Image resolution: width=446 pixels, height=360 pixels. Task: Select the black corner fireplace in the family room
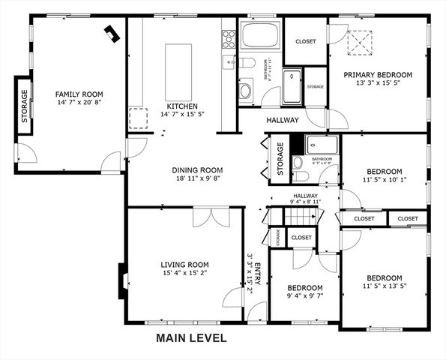click(x=112, y=33)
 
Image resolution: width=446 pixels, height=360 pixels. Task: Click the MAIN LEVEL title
click(x=191, y=338)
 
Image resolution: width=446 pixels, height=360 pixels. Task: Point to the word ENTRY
click(x=258, y=274)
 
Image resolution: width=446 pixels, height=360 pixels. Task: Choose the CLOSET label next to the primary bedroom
click(x=305, y=42)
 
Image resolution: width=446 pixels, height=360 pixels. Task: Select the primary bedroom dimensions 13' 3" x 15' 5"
click(x=379, y=85)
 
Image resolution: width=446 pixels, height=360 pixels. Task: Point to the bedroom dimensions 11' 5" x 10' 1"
click(x=384, y=181)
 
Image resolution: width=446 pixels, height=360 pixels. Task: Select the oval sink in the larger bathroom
click(x=245, y=91)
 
